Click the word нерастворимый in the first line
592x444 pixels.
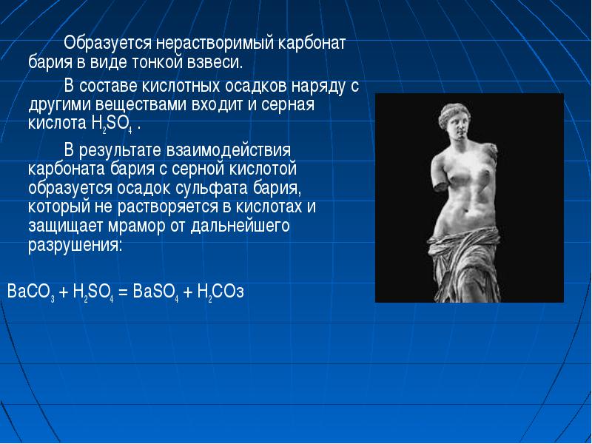click(217, 44)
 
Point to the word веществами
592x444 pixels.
click(141, 104)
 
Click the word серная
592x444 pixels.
click(288, 105)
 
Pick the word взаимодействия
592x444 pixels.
click(229, 150)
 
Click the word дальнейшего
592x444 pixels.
click(240, 226)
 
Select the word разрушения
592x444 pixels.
click(75, 246)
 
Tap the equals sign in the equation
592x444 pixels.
click(124, 292)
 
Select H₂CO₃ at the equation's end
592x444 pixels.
click(221, 292)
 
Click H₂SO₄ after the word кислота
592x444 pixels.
click(112, 124)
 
